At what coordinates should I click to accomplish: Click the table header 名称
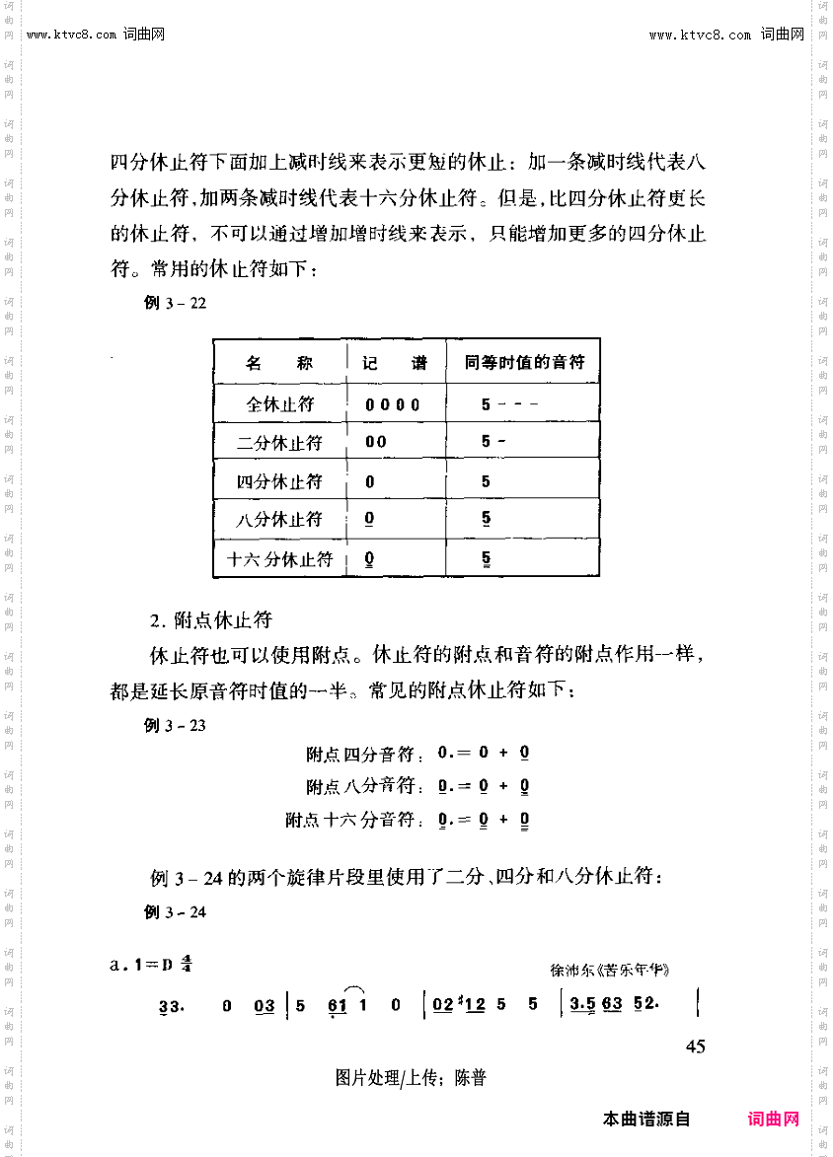279,363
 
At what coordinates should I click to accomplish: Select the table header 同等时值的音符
524,362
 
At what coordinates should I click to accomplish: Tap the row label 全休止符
279,403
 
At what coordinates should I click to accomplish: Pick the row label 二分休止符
279,442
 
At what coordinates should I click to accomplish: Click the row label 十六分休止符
279,559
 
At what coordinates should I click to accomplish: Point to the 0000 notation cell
392,404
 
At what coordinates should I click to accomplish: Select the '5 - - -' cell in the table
508,404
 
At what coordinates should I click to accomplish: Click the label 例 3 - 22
175,303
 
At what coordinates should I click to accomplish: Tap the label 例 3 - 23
175,725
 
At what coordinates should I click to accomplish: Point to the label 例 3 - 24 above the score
175,911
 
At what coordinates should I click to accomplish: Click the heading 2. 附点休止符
210,620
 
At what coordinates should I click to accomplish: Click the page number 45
694,1047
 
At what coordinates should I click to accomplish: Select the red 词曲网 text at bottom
774,1119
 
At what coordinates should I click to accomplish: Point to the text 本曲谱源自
645,1119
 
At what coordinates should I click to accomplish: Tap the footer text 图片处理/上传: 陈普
411,1078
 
